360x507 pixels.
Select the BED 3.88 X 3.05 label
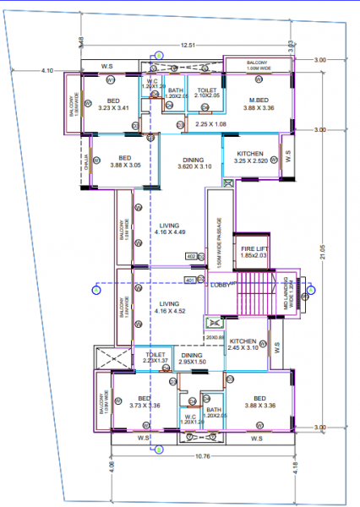(x=125, y=161)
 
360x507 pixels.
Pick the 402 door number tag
(x=190, y=256)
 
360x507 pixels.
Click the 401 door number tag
(x=189, y=280)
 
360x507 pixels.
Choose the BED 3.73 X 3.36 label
(x=144, y=401)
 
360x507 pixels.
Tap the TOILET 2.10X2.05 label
(x=206, y=92)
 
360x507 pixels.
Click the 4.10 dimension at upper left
(x=47, y=70)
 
